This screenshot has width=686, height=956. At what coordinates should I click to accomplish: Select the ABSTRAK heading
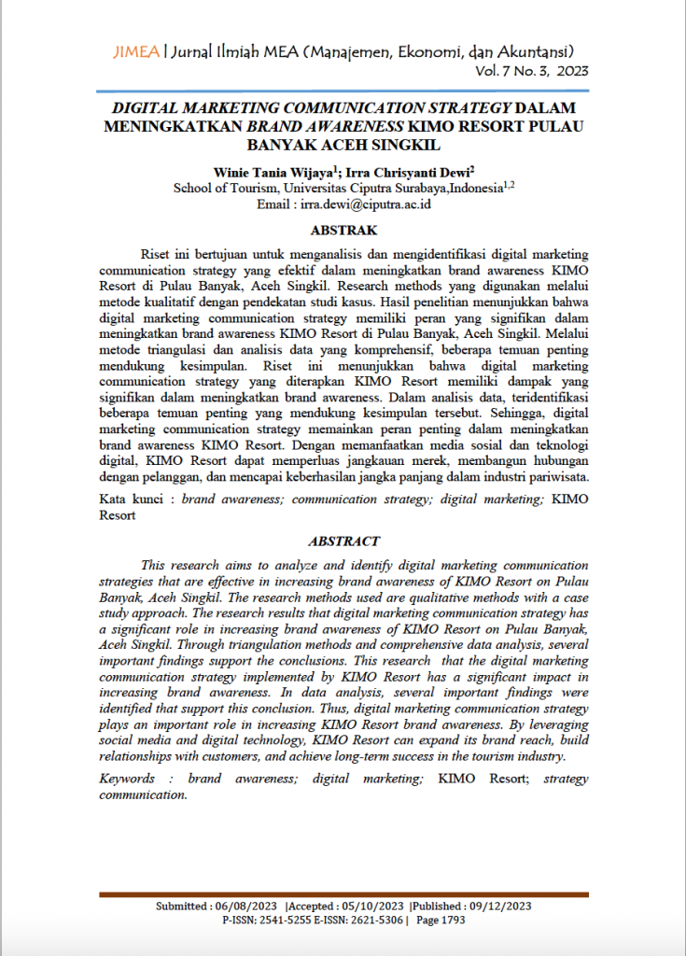343,230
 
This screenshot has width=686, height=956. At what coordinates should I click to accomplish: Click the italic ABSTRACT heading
343,541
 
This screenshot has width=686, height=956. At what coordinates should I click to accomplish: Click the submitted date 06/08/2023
246,906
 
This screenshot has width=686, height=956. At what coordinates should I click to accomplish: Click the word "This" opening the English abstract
156,565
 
